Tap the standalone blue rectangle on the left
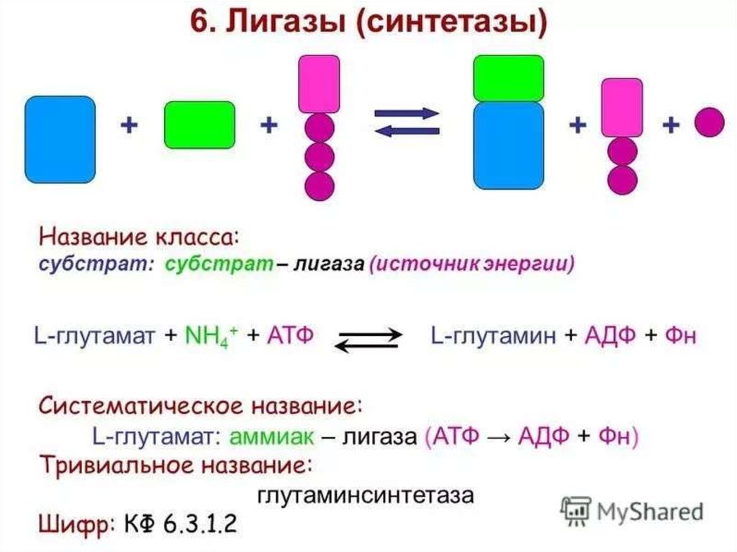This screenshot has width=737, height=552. tap(60, 140)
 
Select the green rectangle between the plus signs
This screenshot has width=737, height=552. tap(199, 125)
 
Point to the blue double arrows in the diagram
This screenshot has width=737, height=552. tap(407, 122)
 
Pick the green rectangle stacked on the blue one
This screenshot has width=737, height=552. tap(508, 78)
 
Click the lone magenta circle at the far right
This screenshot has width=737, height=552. tap(708, 122)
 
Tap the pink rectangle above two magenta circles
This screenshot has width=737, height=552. tap(622, 107)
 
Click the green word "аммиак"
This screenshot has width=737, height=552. tap(271, 436)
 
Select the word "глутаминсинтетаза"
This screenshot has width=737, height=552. tap(366, 496)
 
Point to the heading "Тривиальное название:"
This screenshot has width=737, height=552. tap(175, 465)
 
